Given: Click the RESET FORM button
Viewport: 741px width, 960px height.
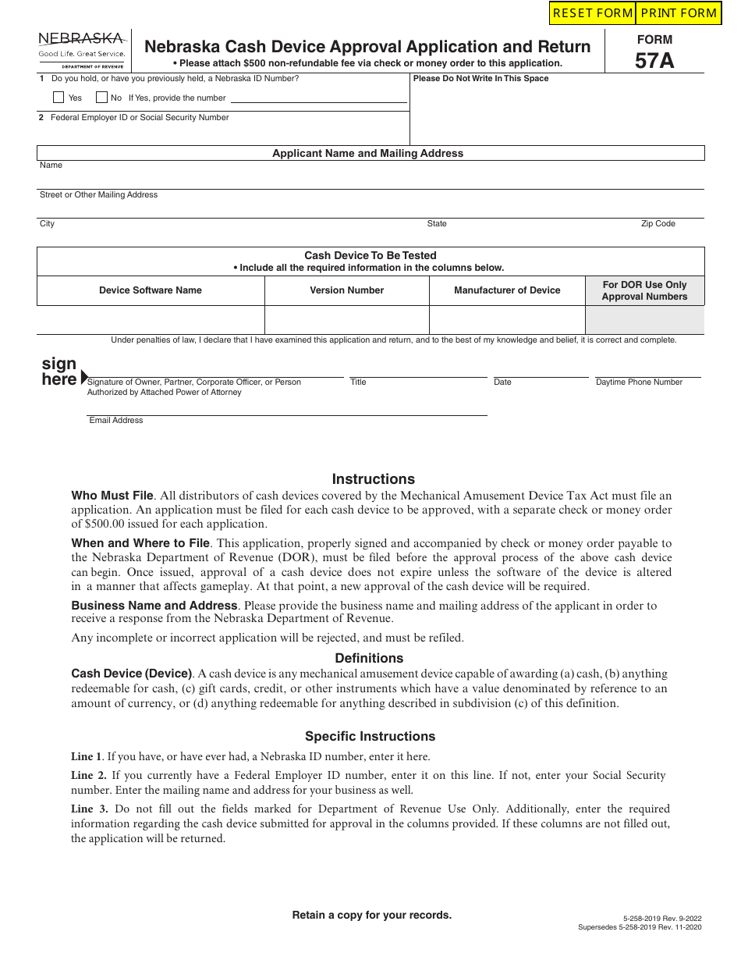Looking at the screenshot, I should pos(592,13).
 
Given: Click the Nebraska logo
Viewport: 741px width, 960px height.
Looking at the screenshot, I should pos(81,49).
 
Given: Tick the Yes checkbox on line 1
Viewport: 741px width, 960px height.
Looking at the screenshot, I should pos(58,98).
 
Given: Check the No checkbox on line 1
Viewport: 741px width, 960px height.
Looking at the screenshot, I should pos(101,98).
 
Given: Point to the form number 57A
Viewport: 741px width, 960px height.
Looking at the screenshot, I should pos(654,61).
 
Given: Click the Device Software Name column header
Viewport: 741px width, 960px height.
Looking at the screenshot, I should pos(151,290).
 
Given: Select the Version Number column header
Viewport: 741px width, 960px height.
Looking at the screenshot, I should pos(347,290).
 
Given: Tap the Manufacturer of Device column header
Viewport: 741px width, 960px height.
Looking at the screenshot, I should pos(507,290).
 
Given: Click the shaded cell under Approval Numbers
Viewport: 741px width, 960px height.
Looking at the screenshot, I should pos(644,320).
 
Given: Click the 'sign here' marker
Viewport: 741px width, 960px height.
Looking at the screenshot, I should pos(61,372).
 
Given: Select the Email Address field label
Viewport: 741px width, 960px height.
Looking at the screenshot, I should pos(116,421).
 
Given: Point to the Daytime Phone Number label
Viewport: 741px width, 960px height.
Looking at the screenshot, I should pos(639,382).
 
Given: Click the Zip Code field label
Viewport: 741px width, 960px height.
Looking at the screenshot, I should pos(658,224).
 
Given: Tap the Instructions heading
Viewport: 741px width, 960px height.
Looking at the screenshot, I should pos(374,479).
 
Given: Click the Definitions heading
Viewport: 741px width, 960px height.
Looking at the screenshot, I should pos(369,658).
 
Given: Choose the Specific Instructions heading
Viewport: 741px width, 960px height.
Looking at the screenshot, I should pos(370,736).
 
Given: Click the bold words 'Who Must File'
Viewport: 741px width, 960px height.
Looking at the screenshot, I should pos(112,496).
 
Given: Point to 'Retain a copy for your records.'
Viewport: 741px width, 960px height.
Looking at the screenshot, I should pos(371,915).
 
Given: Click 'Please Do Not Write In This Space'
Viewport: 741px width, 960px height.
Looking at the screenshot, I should pos(480,79).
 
